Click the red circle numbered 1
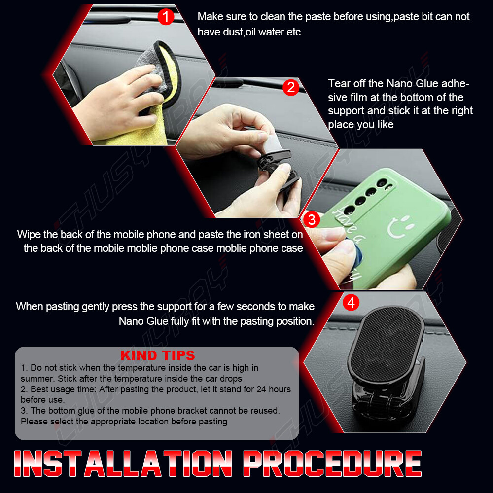click(166, 17)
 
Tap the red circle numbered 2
click(291, 87)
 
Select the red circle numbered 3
click(312, 220)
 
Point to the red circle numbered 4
click(351, 303)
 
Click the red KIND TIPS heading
click(158, 355)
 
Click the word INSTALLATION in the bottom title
click(123, 463)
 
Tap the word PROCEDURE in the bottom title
click(332, 463)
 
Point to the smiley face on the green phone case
click(400, 227)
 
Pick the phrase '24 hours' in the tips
click(274, 389)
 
